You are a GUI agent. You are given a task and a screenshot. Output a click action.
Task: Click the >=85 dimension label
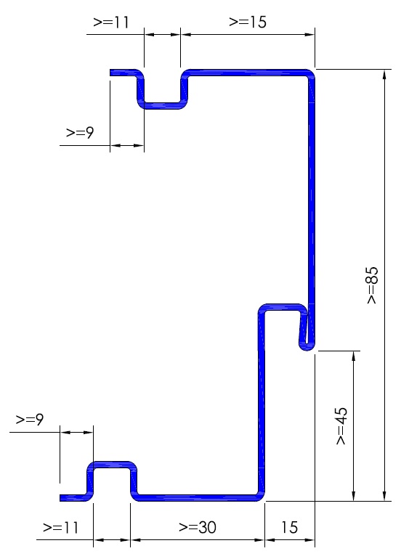(372, 285)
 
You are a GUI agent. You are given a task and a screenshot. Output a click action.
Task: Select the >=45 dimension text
(341, 425)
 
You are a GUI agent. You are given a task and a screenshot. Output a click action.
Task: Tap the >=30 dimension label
(198, 527)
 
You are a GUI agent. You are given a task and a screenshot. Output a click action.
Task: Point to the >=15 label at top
(248, 22)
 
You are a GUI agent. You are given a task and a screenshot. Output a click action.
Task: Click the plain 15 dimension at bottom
(289, 527)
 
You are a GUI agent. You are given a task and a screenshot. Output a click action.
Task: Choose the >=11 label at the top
(110, 22)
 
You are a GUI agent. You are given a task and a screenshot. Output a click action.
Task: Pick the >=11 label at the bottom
(60, 527)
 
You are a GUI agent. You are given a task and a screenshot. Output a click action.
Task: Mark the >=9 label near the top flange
(80, 133)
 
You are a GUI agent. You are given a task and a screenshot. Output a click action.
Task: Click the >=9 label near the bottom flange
(30, 420)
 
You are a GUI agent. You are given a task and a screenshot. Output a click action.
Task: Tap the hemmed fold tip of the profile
(307, 348)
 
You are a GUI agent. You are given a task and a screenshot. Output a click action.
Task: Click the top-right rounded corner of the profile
(310, 73)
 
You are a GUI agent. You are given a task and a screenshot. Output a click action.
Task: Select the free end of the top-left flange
(110, 73)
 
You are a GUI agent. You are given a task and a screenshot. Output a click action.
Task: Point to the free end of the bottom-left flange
(61, 498)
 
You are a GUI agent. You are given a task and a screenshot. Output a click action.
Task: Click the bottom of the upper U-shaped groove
(162, 105)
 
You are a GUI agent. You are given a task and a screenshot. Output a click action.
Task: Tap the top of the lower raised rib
(112, 465)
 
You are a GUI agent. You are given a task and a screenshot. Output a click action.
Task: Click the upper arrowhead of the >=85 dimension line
(384, 74)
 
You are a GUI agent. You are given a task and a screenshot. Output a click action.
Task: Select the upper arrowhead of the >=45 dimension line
(354, 356)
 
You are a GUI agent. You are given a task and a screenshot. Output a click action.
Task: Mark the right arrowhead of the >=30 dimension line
(260, 539)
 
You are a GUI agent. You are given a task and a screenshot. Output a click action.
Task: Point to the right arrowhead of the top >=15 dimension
(309, 35)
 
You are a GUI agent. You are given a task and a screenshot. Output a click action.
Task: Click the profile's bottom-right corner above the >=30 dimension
(261, 497)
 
